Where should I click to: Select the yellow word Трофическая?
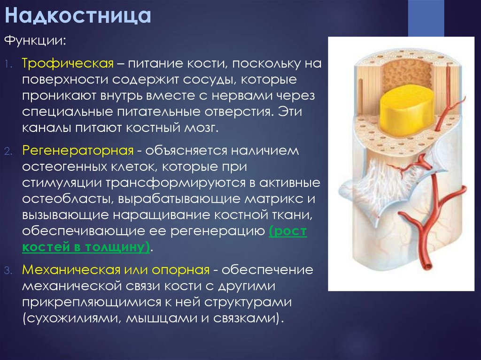(x=68, y=64)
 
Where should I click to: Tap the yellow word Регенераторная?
(x=78, y=151)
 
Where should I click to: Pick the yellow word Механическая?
(x=71, y=269)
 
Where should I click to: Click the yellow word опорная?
(x=181, y=270)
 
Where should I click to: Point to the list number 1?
(x=8, y=64)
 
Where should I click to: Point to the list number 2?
(x=8, y=151)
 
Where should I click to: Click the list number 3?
(x=8, y=270)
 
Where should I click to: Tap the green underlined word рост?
(x=288, y=231)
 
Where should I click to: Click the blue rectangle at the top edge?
(x=426, y=18)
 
